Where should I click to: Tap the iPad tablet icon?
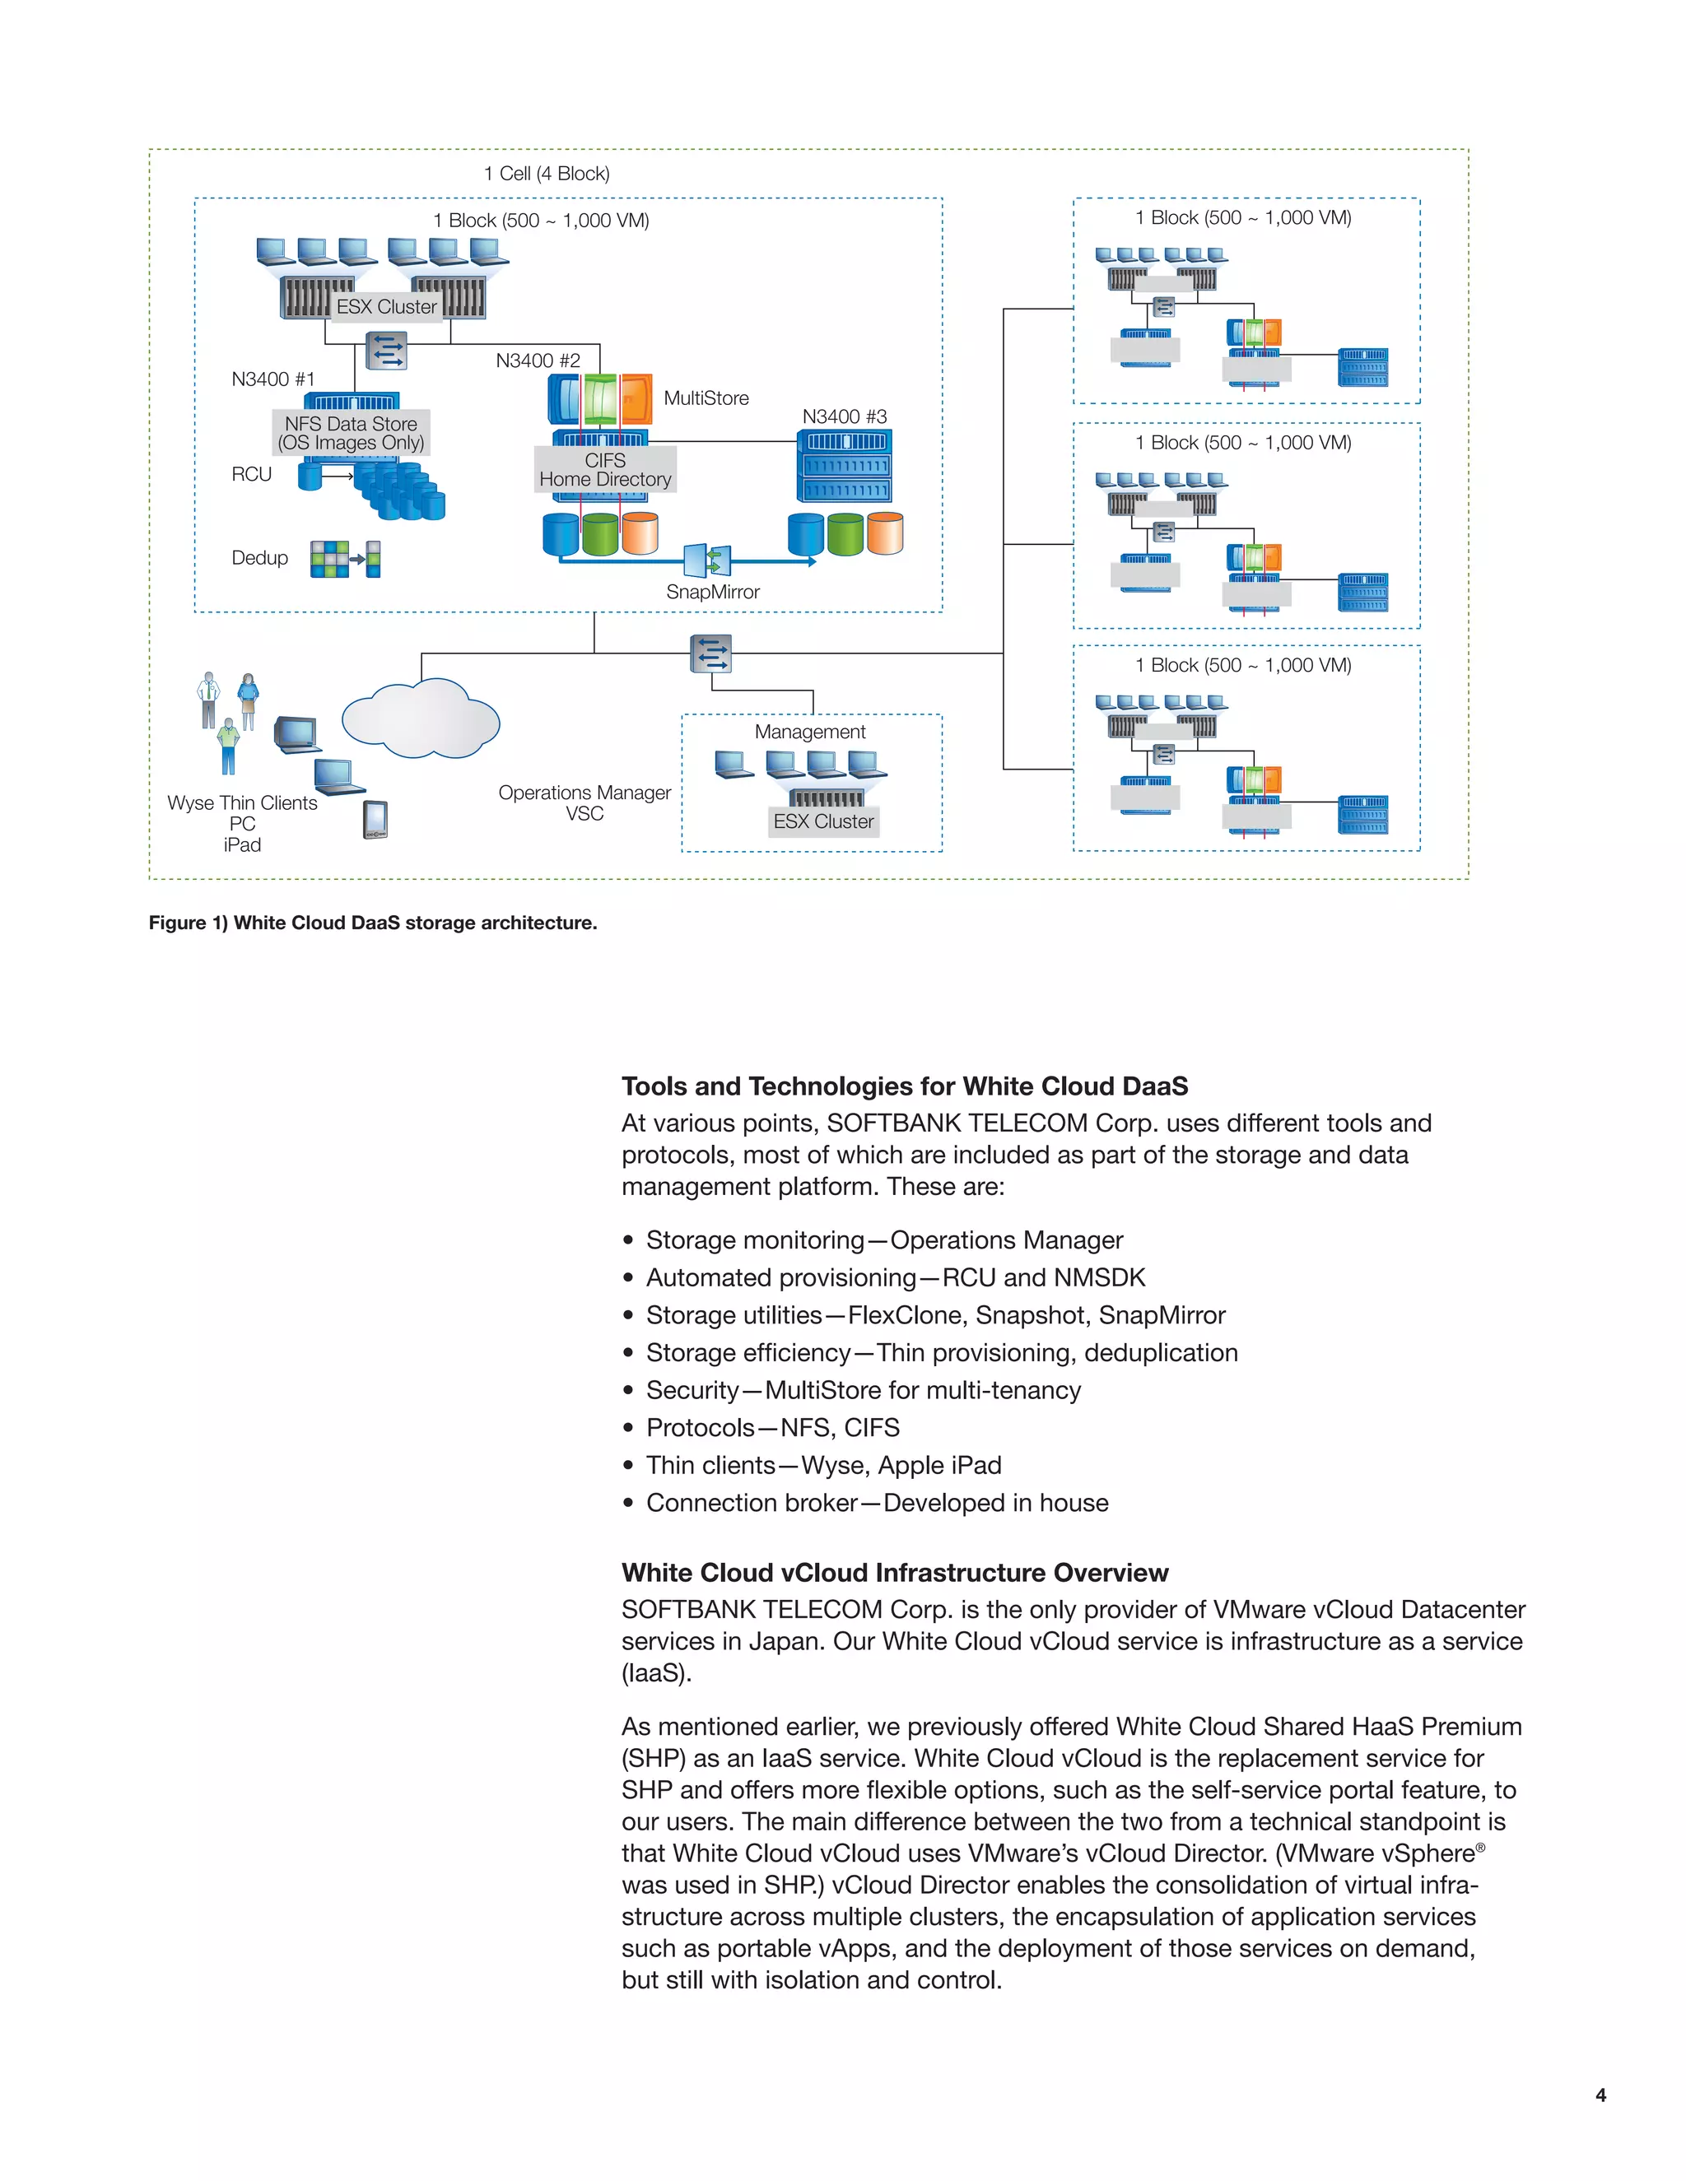coord(375,820)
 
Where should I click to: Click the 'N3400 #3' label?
coord(844,416)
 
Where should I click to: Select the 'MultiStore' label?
coord(706,398)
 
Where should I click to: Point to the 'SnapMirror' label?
coord(712,593)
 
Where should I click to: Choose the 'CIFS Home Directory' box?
coord(605,469)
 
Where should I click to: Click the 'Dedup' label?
coord(259,558)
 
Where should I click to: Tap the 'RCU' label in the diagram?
coord(252,474)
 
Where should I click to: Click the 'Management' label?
coord(810,732)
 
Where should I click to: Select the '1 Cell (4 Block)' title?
coord(547,174)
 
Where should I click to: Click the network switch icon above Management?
coord(711,654)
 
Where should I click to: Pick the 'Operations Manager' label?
coord(585,793)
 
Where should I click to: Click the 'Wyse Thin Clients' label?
coord(242,803)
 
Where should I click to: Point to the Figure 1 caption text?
coord(373,923)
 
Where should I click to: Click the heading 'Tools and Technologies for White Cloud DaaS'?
coord(904,1086)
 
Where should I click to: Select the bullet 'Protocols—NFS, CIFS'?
coord(772,1428)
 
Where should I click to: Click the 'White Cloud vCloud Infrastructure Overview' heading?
coord(894,1573)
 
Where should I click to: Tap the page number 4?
coord(1600,2095)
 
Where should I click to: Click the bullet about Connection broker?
coord(876,1503)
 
